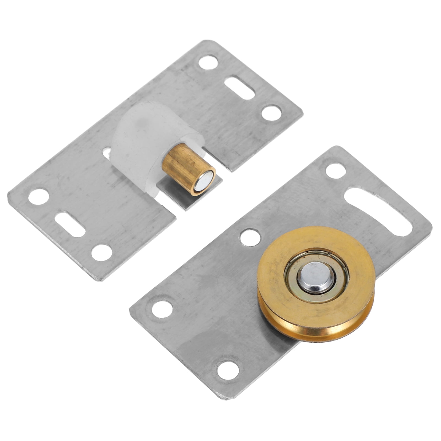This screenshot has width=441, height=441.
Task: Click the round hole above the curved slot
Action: coord(336,172)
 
